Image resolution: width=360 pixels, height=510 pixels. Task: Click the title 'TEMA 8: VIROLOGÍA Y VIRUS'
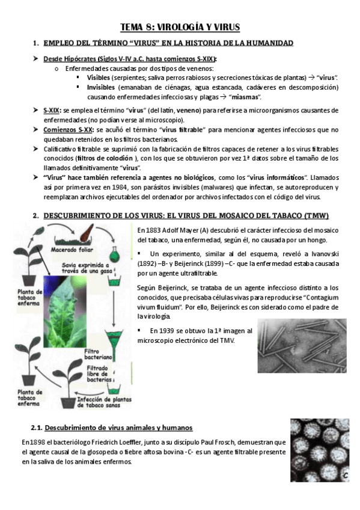click(x=180, y=27)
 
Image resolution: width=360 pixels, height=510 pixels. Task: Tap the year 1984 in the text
click(x=118, y=188)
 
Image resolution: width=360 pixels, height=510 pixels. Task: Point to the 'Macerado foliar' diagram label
click(x=72, y=250)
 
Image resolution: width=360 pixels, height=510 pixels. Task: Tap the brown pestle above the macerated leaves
click(x=86, y=232)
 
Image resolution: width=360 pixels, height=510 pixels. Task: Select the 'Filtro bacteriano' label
click(x=98, y=354)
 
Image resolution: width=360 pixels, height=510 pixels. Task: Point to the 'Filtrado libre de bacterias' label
click(x=99, y=373)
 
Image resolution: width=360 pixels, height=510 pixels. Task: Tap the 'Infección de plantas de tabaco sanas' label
click(x=104, y=402)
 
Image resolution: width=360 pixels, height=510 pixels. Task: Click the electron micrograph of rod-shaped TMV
click(x=302, y=345)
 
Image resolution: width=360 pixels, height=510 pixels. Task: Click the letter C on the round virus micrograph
click(x=346, y=476)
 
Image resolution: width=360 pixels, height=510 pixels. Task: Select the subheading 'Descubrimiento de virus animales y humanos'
click(x=118, y=428)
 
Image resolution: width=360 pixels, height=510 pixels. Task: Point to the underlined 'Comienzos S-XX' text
click(x=67, y=130)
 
